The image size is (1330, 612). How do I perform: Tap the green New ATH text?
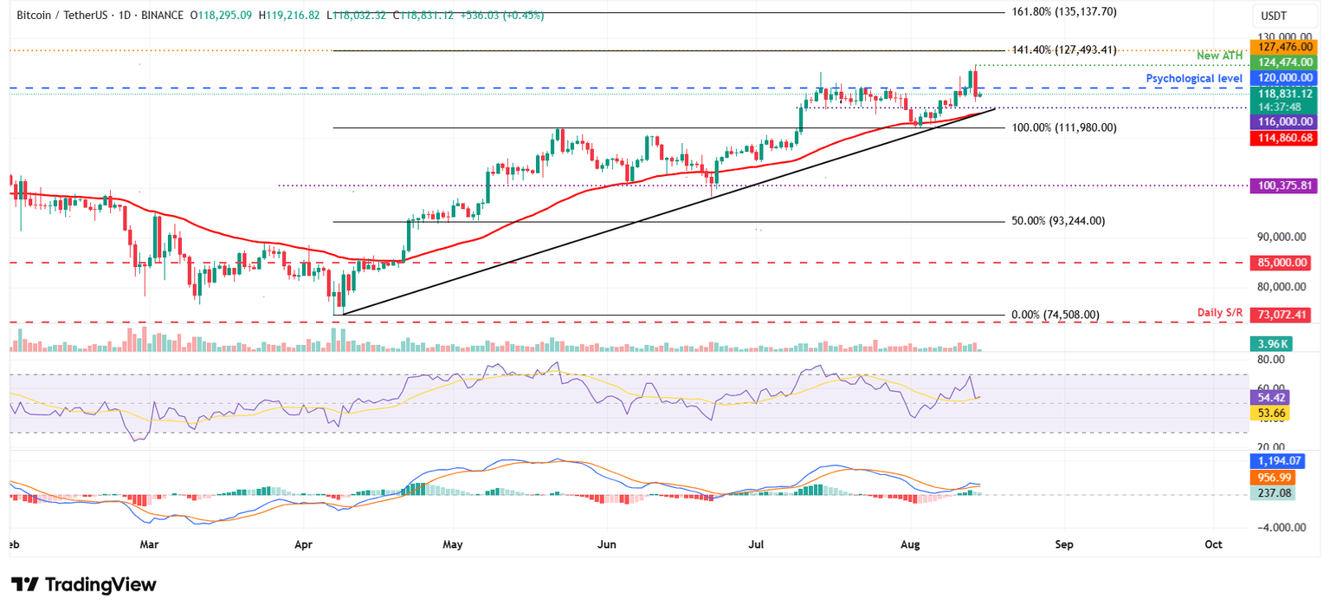1218,56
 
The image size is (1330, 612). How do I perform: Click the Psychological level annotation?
1194,78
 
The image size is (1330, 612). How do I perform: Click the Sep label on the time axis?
1064,544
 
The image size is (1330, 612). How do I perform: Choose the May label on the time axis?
454,544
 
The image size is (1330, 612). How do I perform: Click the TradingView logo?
84,584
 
